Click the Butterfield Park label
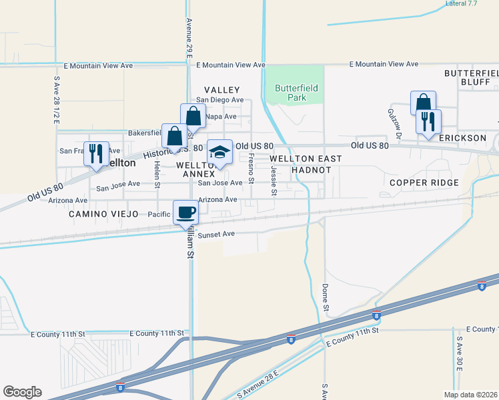point(296,93)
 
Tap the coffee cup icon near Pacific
point(185,212)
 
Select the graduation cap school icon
point(219,151)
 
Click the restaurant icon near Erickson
point(428,121)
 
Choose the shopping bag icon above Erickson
point(423,103)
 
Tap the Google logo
point(22,392)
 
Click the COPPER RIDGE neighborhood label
point(424,183)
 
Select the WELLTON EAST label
point(306,159)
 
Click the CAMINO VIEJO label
point(103,214)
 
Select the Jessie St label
point(274,181)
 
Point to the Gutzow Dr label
point(392,121)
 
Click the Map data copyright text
point(470,395)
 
